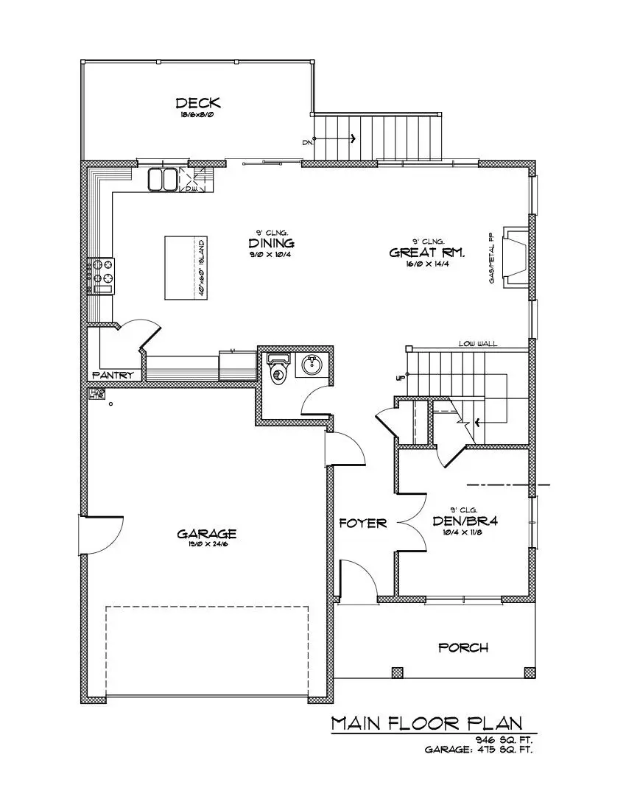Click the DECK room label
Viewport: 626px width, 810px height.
(x=198, y=103)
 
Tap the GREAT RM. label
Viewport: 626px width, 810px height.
(x=427, y=253)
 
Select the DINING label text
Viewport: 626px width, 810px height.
(x=271, y=243)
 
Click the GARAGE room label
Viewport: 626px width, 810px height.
(x=206, y=533)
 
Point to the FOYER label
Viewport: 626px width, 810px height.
(x=363, y=524)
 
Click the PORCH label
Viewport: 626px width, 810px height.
(x=463, y=647)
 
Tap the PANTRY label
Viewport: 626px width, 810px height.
(x=113, y=376)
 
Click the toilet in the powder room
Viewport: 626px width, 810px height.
(x=278, y=370)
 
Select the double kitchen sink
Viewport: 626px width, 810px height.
(x=161, y=179)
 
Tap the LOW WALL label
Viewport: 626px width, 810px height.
(x=475, y=343)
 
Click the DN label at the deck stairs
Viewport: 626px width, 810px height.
(x=307, y=142)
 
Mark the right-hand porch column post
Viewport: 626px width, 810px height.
(x=530, y=672)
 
